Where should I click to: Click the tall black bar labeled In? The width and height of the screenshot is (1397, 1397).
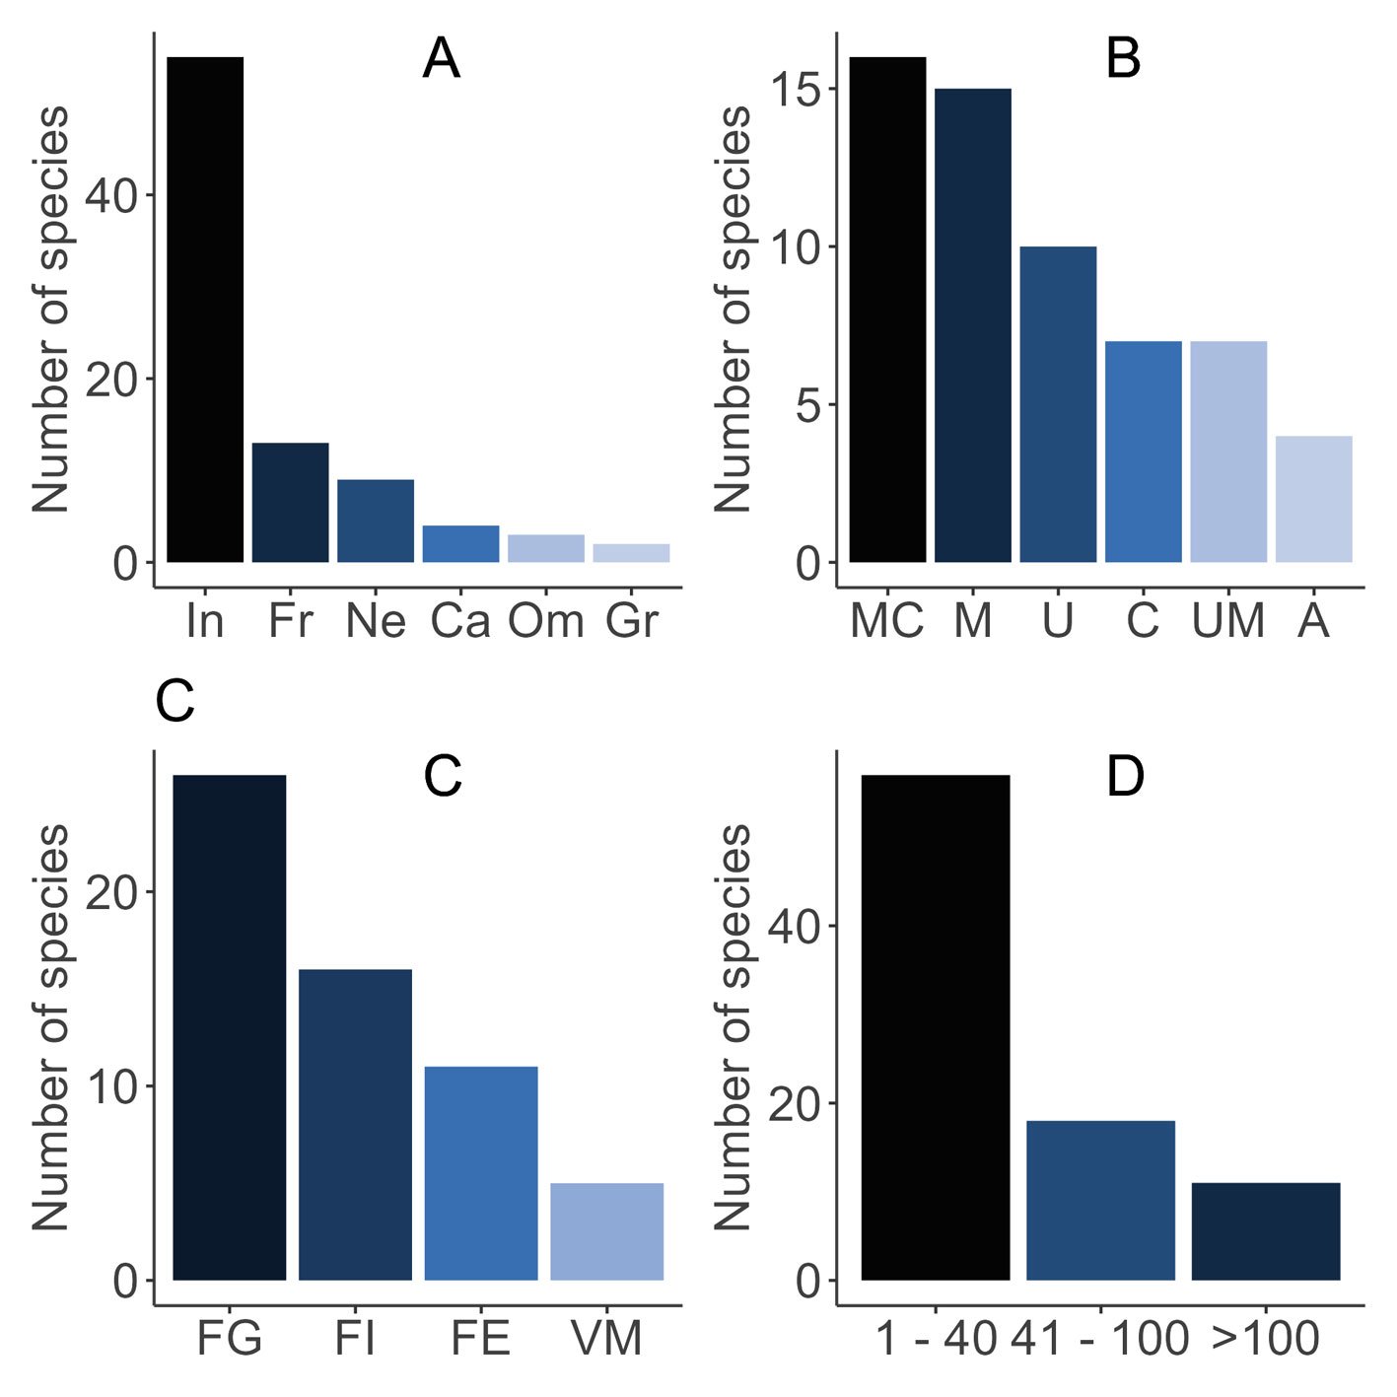click(x=205, y=310)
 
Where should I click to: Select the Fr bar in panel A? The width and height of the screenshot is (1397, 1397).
click(x=290, y=503)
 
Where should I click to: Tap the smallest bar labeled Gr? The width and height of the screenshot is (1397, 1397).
click(x=631, y=553)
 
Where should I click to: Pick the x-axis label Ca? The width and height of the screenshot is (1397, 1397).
click(x=460, y=621)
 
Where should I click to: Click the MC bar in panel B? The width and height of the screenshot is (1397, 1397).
click(x=887, y=310)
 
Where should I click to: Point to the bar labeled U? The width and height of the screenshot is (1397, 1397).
click(x=1058, y=404)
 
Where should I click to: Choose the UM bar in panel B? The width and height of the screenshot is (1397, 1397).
click(x=1228, y=452)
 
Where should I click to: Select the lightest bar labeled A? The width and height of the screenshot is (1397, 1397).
click(x=1313, y=499)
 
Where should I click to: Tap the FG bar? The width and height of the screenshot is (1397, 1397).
click(x=230, y=1027)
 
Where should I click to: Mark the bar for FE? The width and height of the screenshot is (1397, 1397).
click(x=481, y=1173)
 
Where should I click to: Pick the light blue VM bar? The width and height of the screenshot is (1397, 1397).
click(x=606, y=1231)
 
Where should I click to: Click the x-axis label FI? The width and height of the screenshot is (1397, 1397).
click(x=355, y=1339)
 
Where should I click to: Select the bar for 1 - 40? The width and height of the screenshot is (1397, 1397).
click(x=936, y=1027)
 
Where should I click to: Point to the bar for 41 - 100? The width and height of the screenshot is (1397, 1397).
click(x=1100, y=1200)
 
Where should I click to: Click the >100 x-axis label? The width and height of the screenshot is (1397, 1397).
click(x=1266, y=1339)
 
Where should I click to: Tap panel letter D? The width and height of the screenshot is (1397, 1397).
click(x=1125, y=777)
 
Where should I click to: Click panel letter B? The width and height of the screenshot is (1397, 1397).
click(x=1123, y=58)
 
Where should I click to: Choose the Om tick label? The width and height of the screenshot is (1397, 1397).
click(x=545, y=621)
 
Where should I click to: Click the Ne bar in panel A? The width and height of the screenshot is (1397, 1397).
click(x=376, y=521)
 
